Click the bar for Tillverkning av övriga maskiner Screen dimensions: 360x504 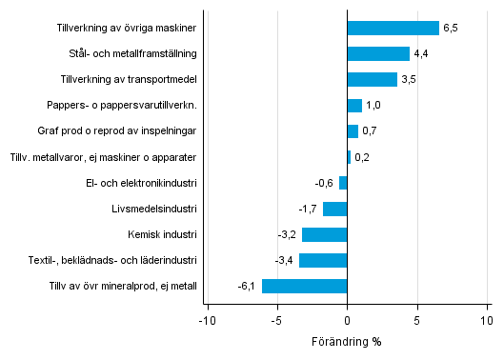point(393,29)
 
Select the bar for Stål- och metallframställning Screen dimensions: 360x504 point(378,54)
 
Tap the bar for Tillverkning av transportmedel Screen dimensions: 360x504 point(372,80)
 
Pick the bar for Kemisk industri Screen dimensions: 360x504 point(324,234)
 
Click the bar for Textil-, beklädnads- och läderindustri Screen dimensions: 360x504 point(323,260)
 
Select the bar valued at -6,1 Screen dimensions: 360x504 point(304,286)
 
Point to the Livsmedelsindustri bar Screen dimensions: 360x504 point(334,209)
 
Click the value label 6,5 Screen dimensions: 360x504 point(451,29)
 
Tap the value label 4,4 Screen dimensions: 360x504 point(421,54)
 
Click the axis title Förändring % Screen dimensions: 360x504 point(347,343)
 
